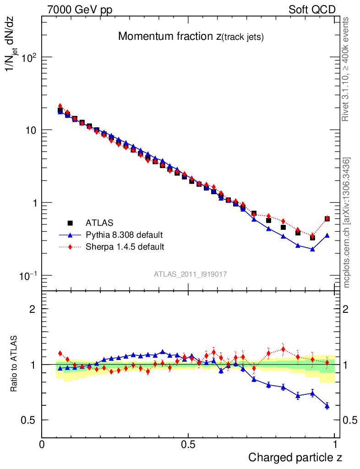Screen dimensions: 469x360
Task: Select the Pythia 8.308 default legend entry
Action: [124, 235]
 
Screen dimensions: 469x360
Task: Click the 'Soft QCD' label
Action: [312, 10]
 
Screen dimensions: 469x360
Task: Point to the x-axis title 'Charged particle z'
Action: [295, 457]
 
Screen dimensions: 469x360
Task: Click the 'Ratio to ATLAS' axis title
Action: [14, 364]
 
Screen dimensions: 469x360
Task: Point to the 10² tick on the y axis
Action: [28, 57]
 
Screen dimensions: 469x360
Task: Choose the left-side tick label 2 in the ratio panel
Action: [33, 309]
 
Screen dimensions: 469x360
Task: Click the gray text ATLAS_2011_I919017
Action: [191, 274]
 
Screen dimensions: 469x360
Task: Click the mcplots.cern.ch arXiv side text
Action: [347, 222]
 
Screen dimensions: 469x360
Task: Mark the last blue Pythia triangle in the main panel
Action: [327, 235]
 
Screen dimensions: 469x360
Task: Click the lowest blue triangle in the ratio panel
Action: [327, 406]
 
